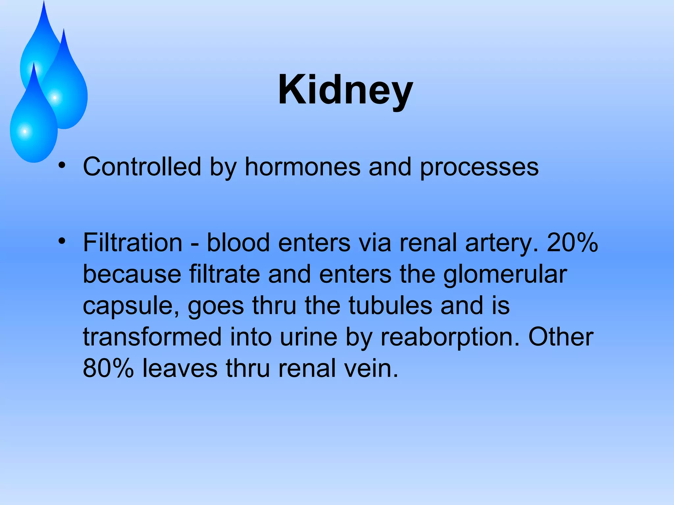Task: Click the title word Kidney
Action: pyautogui.click(x=345, y=90)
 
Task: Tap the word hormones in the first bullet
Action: pyautogui.click(x=302, y=167)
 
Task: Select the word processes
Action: pyautogui.click(x=479, y=167)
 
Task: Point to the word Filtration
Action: pyautogui.click(x=133, y=243)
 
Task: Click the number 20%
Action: pyautogui.click(x=572, y=243)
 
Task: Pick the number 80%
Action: pyautogui.click(x=108, y=368)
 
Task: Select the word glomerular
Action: pyautogui.click(x=505, y=275)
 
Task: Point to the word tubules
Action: pyautogui.click(x=390, y=306)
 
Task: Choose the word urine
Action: pyautogui.click(x=308, y=337)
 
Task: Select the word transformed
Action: pyautogui.click(x=152, y=337)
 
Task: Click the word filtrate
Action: pyautogui.click(x=224, y=274)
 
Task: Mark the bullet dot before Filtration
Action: pyautogui.click(x=62, y=241)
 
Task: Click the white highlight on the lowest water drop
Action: pyautogui.click(x=25, y=132)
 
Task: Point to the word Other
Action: pyautogui.click(x=561, y=337)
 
